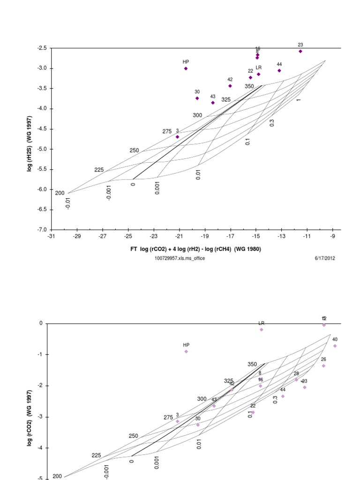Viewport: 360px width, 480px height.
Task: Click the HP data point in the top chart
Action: [x=186, y=68]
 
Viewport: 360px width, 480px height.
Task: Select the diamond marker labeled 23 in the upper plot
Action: [x=300, y=51]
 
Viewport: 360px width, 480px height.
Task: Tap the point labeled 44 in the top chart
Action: [x=279, y=70]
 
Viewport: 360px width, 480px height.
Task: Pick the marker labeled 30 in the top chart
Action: [x=197, y=98]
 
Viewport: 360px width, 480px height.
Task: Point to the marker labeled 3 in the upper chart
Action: [x=177, y=137]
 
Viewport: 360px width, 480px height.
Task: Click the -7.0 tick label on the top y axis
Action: [x=41, y=230]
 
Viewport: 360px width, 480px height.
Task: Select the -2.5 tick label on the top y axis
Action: [x=41, y=48]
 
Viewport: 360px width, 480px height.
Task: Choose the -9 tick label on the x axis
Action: [x=333, y=236]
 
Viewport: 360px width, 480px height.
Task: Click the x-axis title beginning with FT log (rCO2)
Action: [x=195, y=249]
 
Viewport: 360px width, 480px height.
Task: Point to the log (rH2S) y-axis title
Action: [x=30, y=138]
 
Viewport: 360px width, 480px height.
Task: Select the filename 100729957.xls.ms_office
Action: [x=180, y=258]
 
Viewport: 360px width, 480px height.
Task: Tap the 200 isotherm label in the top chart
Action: [x=60, y=193]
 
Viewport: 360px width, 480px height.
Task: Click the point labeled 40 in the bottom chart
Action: [x=335, y=346]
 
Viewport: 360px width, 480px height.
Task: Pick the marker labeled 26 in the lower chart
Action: [x=323, y=366]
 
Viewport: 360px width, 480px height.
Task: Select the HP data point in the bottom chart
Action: [x=186, y=352]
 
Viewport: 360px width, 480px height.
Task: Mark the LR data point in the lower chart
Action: [x=262, y=330]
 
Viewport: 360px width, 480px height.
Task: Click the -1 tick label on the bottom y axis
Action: [x=40, y=354]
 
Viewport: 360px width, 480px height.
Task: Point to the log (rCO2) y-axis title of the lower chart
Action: [x=30, y=417]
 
